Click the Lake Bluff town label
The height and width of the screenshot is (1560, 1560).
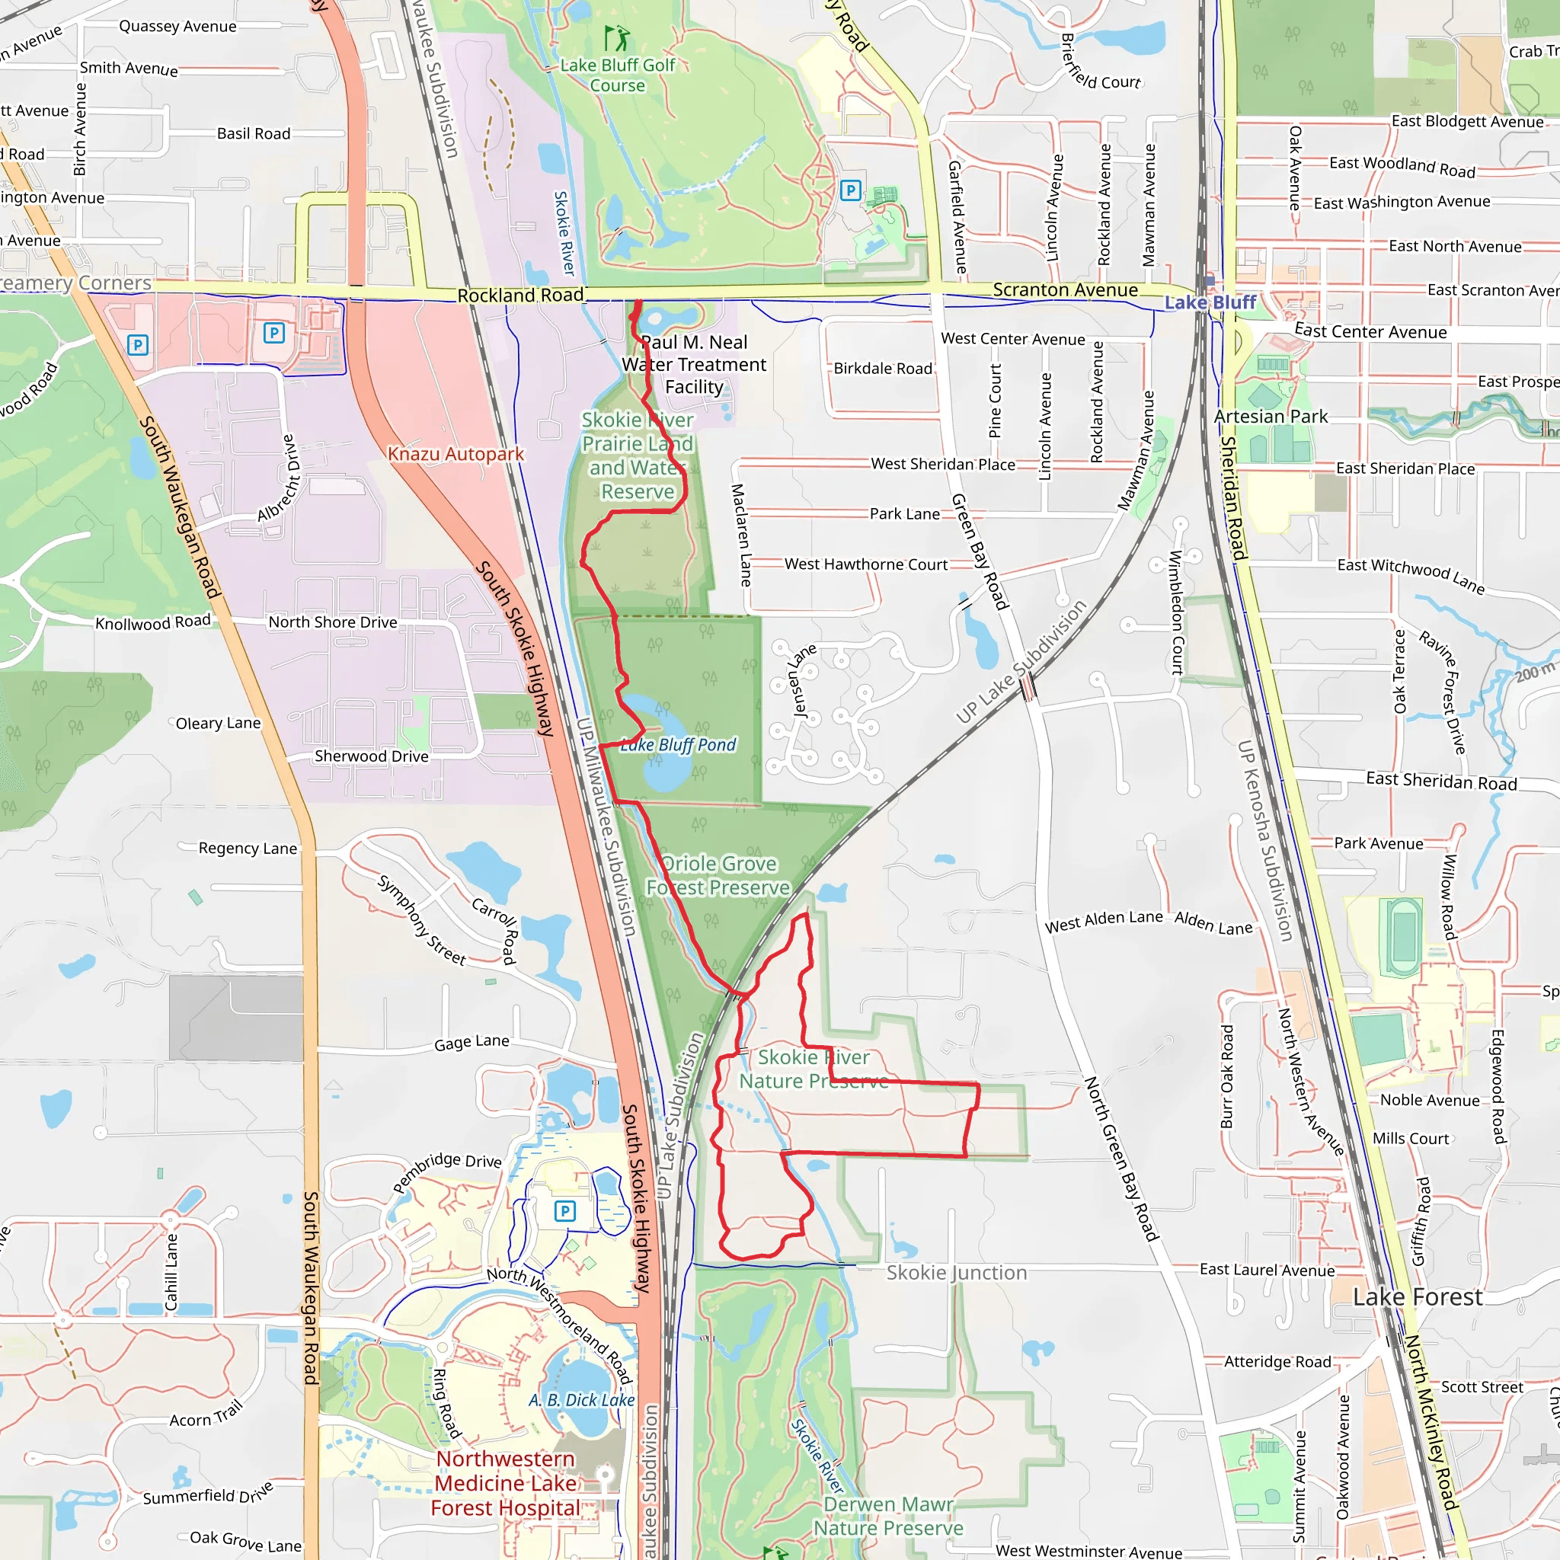pyautogui.click(x=1210, y=303)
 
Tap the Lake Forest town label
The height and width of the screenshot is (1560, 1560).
pyautogui.click(x=1417, y=1296)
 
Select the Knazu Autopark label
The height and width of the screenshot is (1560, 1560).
pyautogui.click(x=456, y=454)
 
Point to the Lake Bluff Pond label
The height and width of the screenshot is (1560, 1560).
pyautogui.click(x=678, y=744)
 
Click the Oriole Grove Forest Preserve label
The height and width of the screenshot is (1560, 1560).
pyautogui.click(x=718, y=875)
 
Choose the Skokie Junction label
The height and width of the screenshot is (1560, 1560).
pyautogui.click(x=956, y=1273)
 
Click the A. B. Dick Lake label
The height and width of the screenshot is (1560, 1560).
pyautogui.click(x=581, y=1399)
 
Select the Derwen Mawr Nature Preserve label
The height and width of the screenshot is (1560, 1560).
pyautogui.click(x=887, y=1516)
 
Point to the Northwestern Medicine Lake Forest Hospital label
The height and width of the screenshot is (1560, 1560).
pyautogui.click(x=506, y=1483)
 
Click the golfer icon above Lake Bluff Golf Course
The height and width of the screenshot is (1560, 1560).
pyautogui.click(x=618, y=38)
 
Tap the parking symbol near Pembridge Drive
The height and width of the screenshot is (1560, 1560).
pyautogui.click(x=564, y=1210)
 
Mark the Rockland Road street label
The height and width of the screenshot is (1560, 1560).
pyautogui.click(x=520, y=296)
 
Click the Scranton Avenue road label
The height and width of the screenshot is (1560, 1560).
pyautogui.click(x=1065, y=290)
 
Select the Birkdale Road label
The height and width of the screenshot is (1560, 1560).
pyautogui.click(x=883, y=368)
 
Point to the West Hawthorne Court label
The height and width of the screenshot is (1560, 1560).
pyautogui.click(x=865, y=564)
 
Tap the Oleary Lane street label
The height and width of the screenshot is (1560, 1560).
pyautogui.click(x=218, y=724)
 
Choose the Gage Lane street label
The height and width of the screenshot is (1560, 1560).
pyautogui.click(x=472, y=1043)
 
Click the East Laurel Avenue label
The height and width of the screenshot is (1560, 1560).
pyautogui.click(x=1267, y=1270)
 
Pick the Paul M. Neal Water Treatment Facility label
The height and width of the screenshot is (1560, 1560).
pyautogui.click(x=694, y=364)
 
